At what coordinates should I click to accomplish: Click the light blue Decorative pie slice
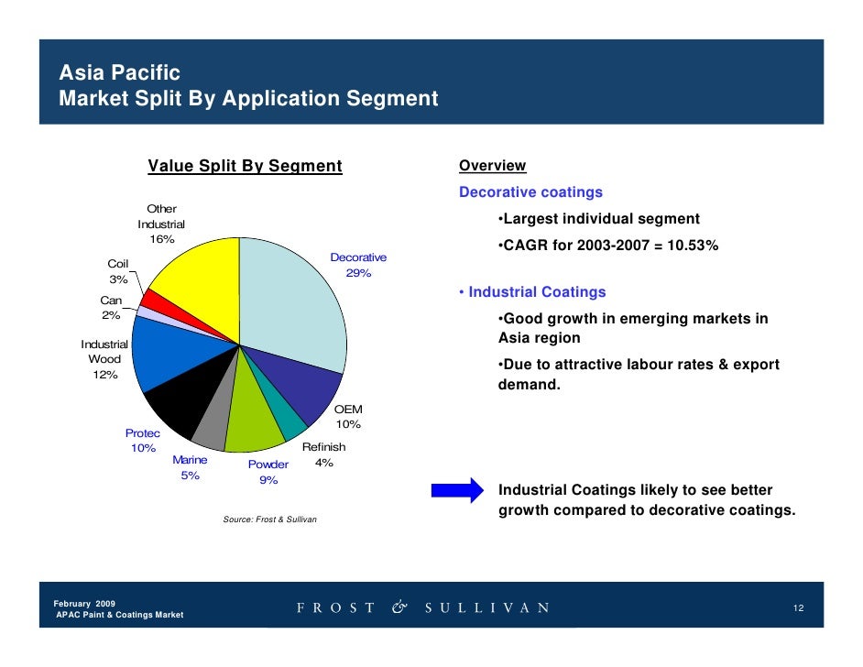[x=293, y=293]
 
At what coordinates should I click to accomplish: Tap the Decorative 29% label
[x=358, y=266]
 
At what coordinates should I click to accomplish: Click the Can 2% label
[x=111, y=308]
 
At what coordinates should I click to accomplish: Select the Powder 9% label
[x=268, y=472]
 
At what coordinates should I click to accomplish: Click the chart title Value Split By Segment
[x=245, y=166]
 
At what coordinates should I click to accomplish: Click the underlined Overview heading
[x=492, y=166]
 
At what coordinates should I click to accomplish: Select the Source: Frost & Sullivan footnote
[x=269, y=519]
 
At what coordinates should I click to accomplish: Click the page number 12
[x=798, y=608]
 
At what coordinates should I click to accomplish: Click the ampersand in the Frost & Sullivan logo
[x=400, y=607]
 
